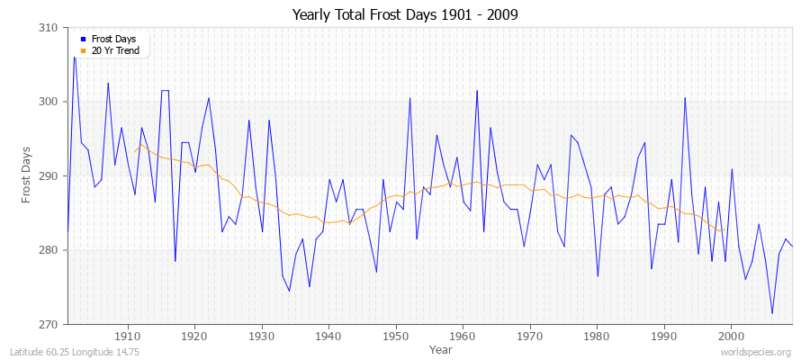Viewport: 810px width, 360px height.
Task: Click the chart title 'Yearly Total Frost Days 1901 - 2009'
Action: click(x=404, y=15)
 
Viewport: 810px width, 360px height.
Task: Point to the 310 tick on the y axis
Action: click(x=50, y=28)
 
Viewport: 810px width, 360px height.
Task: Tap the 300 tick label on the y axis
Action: click(x=50, y=102)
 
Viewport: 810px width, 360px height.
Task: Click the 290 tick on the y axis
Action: click(x=50, y=175)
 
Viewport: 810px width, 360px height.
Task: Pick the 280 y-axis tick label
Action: click(x=50, y=250)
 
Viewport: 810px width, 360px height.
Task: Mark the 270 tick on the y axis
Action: click(x=50, y=324)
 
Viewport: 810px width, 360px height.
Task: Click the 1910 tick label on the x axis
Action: click(x=128, y=336)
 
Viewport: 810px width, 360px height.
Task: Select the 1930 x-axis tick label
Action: click(x=262, y=336)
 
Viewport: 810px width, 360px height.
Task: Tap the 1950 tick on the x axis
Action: click(x=396, y=336)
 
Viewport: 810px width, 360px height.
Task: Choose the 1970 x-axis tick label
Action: click(x=530, y=336)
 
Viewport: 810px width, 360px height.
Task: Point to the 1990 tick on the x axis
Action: click(x=664, y=336)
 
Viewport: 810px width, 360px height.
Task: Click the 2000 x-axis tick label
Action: click(x=731, y=336)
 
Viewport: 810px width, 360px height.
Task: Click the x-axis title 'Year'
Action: click(x=441, y=348)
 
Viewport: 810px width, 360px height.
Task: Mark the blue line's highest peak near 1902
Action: click(x=75, y=58)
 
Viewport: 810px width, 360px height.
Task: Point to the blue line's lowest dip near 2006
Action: click(x=772, y=313)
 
